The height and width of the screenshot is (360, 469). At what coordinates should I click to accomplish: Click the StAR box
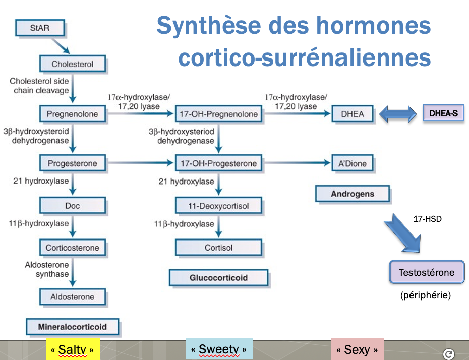point(40,28)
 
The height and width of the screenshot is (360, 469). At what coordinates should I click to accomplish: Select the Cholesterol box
point(73,64)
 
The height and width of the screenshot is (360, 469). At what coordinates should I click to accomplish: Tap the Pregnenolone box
point(73,114)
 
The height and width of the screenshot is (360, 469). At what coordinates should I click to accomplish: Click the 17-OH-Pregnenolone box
point(218,114)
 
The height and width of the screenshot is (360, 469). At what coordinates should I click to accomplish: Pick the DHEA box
point(352,114)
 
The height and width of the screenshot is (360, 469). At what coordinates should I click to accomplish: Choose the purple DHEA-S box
point(443,113)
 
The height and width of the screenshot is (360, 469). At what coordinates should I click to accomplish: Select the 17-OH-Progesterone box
point(218,163)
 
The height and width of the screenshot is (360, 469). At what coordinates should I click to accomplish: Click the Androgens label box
point(353,194)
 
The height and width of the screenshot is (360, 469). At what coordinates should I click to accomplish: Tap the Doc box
point(73,205)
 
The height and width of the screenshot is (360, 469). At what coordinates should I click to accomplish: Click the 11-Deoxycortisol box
point(218,205)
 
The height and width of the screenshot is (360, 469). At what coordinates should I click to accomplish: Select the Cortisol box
point(218,248)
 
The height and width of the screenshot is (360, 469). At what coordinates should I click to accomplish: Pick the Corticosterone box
point(73,248)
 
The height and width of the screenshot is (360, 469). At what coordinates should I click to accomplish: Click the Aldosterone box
point(73,296)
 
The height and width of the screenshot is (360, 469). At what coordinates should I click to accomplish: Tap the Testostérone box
point(427,273)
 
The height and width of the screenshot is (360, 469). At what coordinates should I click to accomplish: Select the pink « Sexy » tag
point(357,349)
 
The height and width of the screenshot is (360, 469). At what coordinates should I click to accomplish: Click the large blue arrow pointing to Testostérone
point(403,233)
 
